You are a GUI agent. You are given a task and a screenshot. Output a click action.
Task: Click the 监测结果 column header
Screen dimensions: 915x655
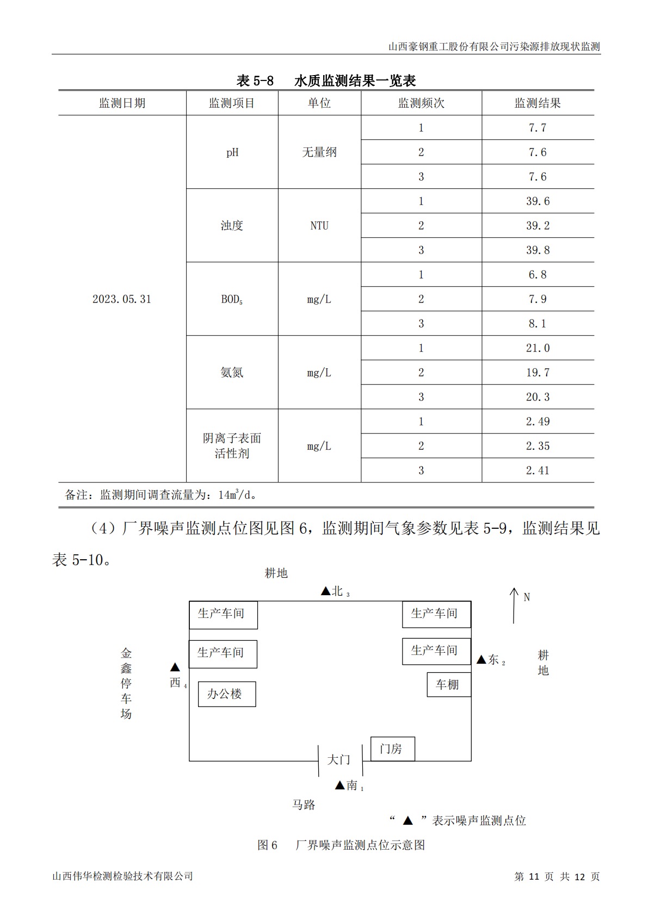537,103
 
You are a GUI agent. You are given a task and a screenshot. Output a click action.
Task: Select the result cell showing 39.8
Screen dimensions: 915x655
537,250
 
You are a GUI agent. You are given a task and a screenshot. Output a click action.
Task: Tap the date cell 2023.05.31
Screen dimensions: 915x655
122,299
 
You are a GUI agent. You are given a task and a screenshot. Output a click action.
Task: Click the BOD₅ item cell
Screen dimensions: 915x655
232,299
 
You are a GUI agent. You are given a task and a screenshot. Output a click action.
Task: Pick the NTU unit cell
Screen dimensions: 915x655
319,226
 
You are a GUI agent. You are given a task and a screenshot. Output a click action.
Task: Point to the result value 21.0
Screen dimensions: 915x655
537,348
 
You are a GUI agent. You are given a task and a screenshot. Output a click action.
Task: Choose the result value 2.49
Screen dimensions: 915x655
537,422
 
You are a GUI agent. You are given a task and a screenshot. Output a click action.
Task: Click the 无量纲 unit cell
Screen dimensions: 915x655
319,152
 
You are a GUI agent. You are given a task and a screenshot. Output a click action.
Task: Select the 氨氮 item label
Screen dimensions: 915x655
232,373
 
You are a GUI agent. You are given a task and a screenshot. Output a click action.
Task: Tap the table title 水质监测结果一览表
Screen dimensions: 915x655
355,81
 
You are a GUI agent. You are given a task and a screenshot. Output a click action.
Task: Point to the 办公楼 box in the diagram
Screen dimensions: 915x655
226,694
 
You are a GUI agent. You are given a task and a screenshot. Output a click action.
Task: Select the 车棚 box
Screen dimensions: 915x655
448,685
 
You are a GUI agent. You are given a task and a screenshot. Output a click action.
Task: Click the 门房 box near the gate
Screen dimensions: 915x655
392,749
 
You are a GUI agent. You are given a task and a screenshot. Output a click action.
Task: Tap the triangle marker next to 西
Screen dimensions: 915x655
175,667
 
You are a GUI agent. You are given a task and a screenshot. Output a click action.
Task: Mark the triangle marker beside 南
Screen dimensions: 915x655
339,786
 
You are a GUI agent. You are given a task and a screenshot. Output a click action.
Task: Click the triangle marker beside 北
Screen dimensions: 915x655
325,591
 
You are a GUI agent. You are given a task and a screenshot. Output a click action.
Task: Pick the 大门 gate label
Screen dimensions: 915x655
338,759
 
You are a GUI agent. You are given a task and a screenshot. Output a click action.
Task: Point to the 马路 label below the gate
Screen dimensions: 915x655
304,805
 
